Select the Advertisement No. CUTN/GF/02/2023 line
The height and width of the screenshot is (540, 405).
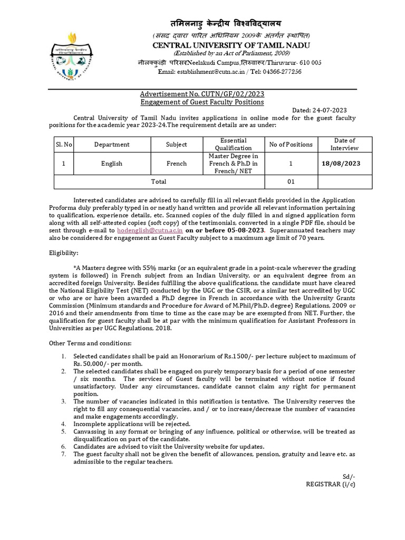(x=202, y=94)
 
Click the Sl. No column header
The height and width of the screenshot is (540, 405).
(x=64, y=144)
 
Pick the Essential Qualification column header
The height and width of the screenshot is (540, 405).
(x=233, y=144)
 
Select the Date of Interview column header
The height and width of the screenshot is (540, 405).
(x=344, y=144)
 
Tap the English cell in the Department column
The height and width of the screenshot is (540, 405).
(x=112, y=163)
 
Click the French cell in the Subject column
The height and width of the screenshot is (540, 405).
(x=177, y=163)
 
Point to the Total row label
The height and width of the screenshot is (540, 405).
(x=159, y=181)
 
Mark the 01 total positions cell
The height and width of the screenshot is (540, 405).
(x=291, y=181)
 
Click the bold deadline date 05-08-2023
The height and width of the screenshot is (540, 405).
(x=247, y=230)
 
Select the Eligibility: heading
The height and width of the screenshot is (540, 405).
(x=63, y=253)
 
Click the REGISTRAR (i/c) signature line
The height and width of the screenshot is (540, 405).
(x=331, y=484)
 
